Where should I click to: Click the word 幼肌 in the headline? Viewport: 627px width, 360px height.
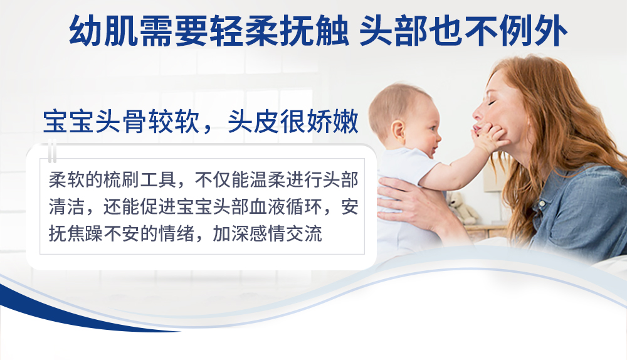(103, 31)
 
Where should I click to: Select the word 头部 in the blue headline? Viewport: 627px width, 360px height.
(394, 31)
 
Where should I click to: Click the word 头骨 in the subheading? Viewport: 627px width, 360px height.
(121, 121)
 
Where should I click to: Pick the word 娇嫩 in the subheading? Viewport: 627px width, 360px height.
(333, 121)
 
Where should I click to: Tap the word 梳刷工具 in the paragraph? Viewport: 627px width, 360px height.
(140, 180)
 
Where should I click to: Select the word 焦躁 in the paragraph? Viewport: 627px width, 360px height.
(85, 233)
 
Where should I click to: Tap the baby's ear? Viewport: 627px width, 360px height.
(398, 132)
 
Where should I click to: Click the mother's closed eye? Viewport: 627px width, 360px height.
(492, 103)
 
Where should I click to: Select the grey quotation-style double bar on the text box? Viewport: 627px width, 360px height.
(52, 151)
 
